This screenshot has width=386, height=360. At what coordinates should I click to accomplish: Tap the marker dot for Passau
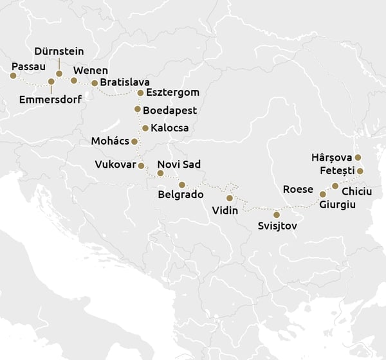click(13, 76)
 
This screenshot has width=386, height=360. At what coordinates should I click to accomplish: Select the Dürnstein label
click(59, 51)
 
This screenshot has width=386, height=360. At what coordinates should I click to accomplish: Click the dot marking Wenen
click(74, 81)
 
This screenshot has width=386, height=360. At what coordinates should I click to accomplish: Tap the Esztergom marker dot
click(140, 93)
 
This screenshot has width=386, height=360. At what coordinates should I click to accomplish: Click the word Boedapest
click(170, 111)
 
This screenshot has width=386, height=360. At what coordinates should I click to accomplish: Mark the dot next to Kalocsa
click(145, 128)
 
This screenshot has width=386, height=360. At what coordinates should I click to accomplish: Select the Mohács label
click(111, 141)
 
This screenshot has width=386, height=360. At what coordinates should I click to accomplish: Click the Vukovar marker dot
click(142, 166)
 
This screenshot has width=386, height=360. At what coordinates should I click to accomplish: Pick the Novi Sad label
click(179, 165)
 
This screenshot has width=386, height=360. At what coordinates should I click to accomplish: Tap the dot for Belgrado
click(182, 184)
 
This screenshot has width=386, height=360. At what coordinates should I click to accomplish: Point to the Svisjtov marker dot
click(277, 215)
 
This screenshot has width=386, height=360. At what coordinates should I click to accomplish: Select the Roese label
click(298, 189)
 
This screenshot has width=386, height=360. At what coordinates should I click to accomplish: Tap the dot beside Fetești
click(360, 171)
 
